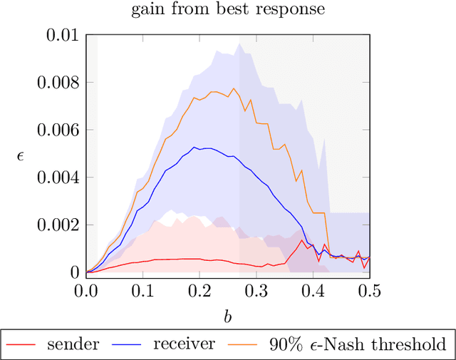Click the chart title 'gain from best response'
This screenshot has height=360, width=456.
click(x=228, y=10)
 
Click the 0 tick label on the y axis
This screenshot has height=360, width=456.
click(x=74, y=272)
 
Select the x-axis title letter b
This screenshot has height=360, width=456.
click(x=228, y=316)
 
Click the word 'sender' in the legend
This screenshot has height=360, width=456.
click(x=73, y=344)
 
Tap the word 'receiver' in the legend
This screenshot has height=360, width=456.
click(x=184, y=344)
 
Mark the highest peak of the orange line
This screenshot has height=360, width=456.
click(x=232, y=88)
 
